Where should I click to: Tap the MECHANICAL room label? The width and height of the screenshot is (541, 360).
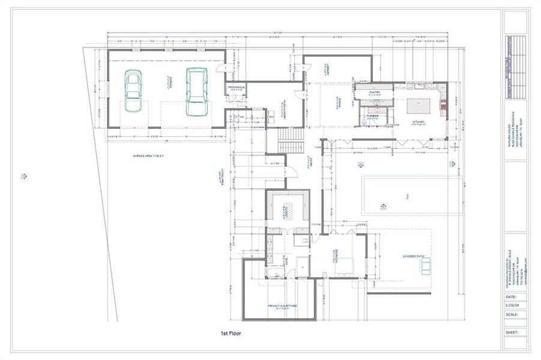tap(237, 88)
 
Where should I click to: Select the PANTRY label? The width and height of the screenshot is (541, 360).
tap(375, 92)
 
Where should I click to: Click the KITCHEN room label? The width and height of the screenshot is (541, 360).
tap(419, 122)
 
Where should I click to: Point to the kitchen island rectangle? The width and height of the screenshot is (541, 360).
tap(419, 106)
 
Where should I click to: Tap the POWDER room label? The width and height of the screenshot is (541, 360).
tap(372, 117)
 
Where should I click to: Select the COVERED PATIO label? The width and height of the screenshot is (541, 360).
tap(414, 256)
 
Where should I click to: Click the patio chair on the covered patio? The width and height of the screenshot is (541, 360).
tap(426, 265)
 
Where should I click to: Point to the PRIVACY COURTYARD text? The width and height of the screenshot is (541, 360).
tap(282, 305)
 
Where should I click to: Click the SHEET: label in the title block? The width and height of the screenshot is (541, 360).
tap(511, 331)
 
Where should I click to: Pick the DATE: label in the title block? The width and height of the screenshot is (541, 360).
tap(510, 296)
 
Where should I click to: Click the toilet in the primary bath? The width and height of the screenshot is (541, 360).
tap(306, 240)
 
